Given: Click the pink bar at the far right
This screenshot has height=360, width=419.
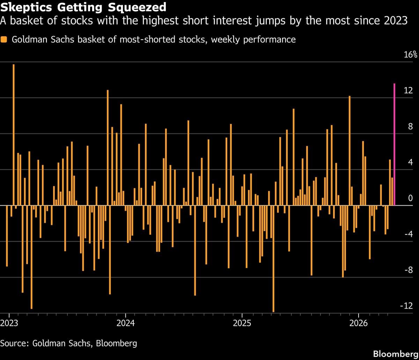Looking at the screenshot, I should (394, 144).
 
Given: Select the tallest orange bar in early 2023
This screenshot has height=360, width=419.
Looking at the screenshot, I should (14, 134).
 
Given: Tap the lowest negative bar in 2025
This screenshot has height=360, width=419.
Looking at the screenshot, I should (273, 258).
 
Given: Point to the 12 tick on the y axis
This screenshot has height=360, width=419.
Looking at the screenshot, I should (408, 91).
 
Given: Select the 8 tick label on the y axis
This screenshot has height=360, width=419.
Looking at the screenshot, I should (410, 126).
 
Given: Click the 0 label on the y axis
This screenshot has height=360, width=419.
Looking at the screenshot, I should (410, 198).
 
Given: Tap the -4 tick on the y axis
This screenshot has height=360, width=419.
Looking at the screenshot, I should (409, 234).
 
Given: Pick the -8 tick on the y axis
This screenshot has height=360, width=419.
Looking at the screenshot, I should (409, 270).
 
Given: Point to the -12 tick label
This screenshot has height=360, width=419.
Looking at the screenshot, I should (407, 306).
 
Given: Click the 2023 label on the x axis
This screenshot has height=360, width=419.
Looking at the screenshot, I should (9, 323).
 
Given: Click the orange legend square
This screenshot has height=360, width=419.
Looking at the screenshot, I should (4, 39).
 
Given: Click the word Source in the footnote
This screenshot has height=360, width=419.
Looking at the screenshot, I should (14, 343).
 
